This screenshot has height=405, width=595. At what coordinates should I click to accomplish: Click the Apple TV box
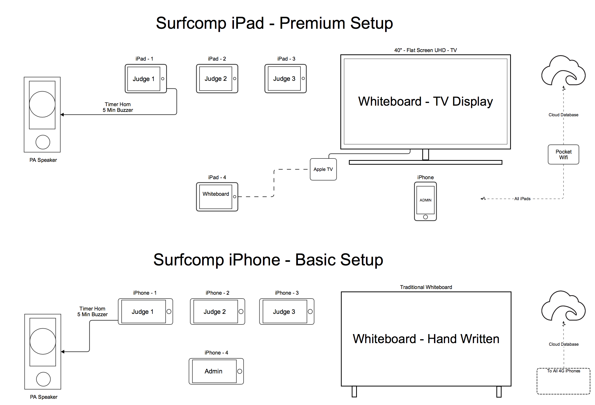click(x=323, y=169)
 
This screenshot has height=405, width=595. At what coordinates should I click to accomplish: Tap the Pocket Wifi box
click(x=563, y=155)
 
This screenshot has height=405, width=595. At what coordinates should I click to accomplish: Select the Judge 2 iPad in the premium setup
click(x=217, y=79)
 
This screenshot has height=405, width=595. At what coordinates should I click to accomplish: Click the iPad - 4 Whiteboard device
click(x=217, y=197)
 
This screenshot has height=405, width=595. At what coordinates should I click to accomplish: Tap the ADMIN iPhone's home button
click(x=425, y=217)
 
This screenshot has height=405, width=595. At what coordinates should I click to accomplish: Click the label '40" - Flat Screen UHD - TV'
click(x=425, y=50)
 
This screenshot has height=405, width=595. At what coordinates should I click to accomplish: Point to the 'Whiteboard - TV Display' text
click(x=425, y=102)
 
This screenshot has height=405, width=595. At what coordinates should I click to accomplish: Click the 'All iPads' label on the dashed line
click(x=522, y=199)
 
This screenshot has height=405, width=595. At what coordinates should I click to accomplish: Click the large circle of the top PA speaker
click(x=42, y=104)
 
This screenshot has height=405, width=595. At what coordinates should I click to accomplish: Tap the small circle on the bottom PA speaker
click(x=43, y=379)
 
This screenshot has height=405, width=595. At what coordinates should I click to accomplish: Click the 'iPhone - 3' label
click(x=287, y=293)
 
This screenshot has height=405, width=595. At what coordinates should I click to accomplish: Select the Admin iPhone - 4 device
click(x=216, y=371)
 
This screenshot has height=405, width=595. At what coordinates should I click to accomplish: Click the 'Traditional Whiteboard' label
click(x=426, y=287)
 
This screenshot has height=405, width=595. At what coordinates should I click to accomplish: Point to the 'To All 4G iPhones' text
click(x=563, y=371)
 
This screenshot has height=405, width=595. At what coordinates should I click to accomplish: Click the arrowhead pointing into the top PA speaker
click(x=62, y=114)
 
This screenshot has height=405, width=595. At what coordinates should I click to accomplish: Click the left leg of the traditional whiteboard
click(x=354, y=391)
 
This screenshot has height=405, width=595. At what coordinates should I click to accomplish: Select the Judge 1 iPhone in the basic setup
click(x=145, y=312)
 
